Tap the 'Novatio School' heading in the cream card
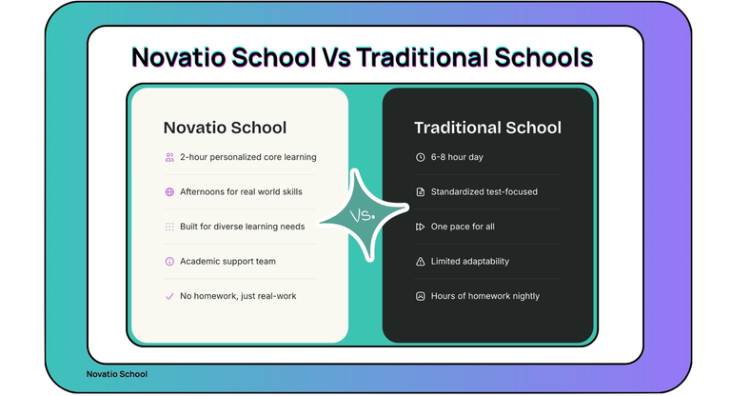225,128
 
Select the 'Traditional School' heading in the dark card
487,128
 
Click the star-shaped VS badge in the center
362,216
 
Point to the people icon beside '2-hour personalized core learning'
169,157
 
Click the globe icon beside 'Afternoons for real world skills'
169,191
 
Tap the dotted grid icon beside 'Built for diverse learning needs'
169,227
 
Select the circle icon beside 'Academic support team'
169,261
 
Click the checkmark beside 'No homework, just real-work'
169,296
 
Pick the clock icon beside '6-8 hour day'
420,157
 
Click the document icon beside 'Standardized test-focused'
420,191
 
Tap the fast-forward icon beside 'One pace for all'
420,227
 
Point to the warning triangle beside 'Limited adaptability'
420,261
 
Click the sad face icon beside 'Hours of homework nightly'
420,296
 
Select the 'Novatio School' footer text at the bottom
116,374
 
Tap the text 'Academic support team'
227,261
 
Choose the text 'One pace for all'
463,227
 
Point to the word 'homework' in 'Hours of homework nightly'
480,296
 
